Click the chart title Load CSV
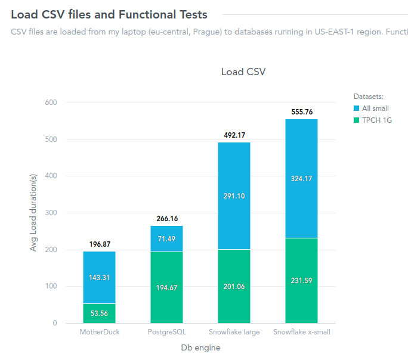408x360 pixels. (243, 72)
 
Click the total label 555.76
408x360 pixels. (301, 112)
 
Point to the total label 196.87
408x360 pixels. (99, 244)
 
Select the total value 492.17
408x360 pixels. (234, 135)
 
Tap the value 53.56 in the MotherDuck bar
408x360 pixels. (99, 314)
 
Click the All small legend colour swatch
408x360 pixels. (357, 108)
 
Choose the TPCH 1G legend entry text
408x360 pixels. (376, 120)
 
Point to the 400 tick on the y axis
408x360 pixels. (51, 176)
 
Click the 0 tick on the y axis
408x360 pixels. (54, 323)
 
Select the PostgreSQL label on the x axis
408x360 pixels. (166, 332)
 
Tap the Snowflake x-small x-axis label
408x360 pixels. (301, 332)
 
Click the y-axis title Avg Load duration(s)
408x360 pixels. (33, 213)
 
